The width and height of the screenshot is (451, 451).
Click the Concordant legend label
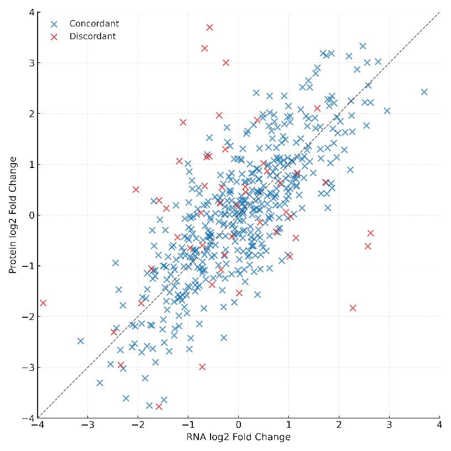tap(94, 24)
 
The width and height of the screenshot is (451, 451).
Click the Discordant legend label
tap(92, 36)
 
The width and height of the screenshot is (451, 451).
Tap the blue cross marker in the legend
tap(54, 24)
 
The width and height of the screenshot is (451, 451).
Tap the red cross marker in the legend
tap(54, 37)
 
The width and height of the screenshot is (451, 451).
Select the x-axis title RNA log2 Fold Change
tap(238, 437)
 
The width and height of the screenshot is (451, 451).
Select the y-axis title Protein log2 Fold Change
tap(13, 215)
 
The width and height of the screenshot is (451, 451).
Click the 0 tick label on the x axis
tap(238, 426)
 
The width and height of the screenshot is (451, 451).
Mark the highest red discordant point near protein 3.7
tap(209, 27)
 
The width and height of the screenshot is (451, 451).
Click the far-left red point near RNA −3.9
tap(43, 303)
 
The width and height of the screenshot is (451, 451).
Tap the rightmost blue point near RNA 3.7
tap(424, 92)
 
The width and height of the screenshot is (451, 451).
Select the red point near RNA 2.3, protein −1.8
tap(353, 308)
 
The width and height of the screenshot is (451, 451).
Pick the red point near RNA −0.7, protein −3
tap(202, 367)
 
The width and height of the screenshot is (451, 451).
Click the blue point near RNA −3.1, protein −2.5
tap(81, 341)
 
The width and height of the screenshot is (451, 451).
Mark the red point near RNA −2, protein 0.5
tap(136, 190)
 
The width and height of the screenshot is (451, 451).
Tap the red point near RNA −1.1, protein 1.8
tap(183, 123)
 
